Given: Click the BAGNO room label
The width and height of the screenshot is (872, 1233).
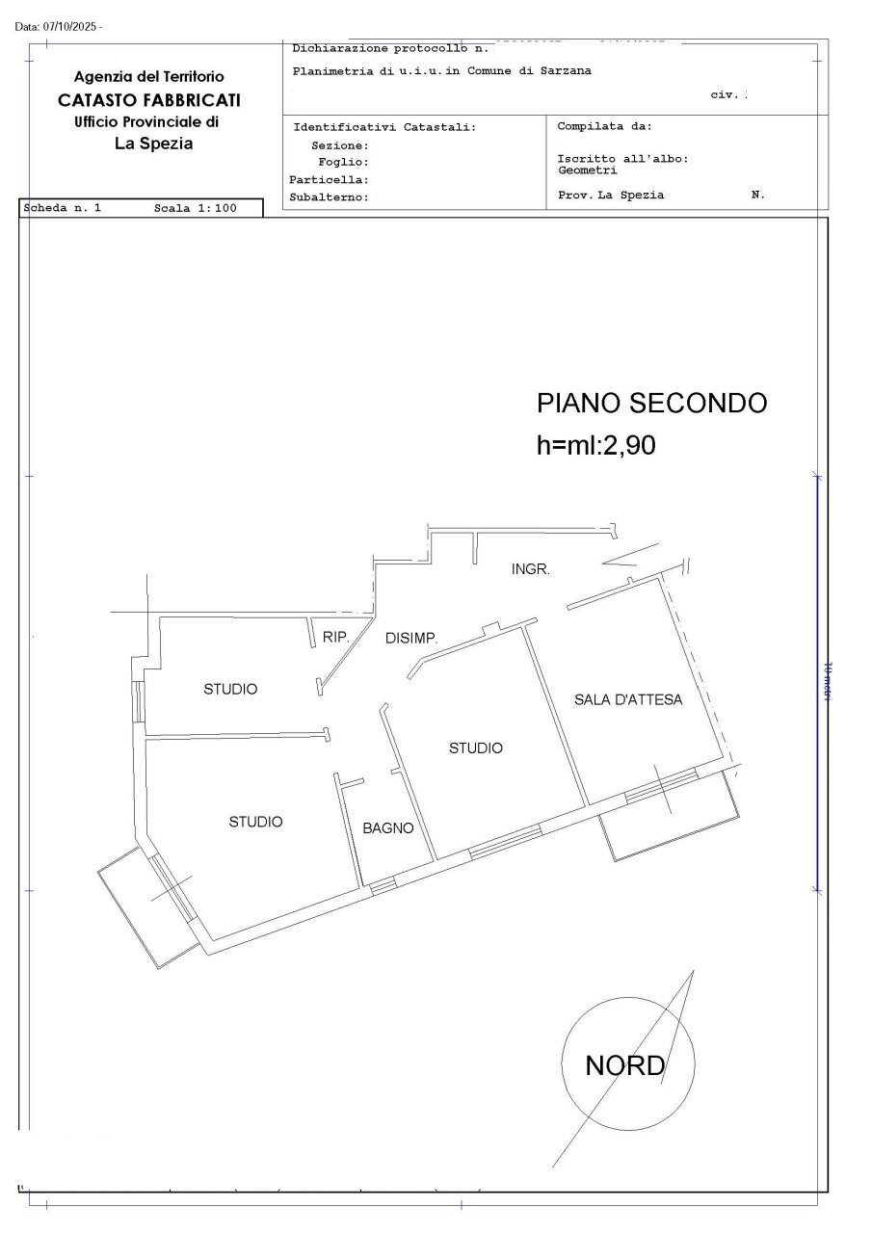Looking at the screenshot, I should coord(387,827).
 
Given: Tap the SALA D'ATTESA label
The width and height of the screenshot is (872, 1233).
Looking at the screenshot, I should coord(628,700).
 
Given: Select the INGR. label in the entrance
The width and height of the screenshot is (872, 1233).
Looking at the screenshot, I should coord(530,569).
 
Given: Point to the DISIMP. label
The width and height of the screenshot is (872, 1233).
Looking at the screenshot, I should coord(411,638).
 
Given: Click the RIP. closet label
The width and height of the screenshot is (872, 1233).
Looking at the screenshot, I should coord(335,636).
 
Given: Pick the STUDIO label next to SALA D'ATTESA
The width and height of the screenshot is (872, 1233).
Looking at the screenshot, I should coord(476,748).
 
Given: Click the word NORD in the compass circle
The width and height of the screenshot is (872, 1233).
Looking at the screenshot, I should coord(624,1065).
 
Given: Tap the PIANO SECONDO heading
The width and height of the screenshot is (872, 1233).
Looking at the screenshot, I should coord(651,403).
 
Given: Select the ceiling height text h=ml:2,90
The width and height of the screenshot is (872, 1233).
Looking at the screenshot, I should coord(595,444).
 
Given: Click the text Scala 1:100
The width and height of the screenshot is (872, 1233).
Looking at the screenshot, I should coord(195,208).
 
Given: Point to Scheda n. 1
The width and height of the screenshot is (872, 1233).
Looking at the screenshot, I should coord(62,208).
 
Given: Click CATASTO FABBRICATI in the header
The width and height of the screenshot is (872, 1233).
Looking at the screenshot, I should coord(149,99).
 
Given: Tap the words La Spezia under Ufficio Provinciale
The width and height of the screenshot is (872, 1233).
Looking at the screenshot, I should coord(153,144).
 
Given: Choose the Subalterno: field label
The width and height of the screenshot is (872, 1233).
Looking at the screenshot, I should coord(330,197).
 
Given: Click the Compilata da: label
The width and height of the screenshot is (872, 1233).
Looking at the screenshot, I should coord(604,126).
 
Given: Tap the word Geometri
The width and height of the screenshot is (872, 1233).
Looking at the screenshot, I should coord(587,171).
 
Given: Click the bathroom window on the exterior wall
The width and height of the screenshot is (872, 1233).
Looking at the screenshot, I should coord(383,884).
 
